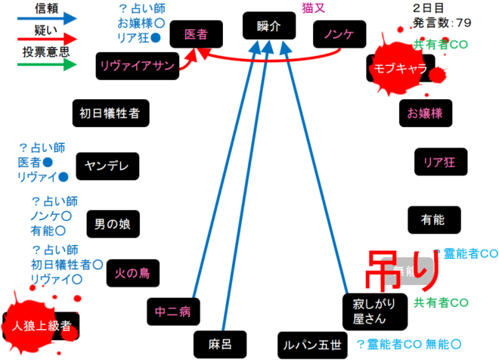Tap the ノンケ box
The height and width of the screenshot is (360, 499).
(339, 35)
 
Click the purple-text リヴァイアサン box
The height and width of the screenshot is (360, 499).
(136, 66)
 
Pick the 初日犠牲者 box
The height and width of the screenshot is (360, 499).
(110, 113)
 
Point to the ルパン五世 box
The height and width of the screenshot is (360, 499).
(311, 345)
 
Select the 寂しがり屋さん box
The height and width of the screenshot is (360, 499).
(368, 312)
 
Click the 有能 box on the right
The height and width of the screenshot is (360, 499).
(432, 219)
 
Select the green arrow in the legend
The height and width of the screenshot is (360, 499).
(45, 64)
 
